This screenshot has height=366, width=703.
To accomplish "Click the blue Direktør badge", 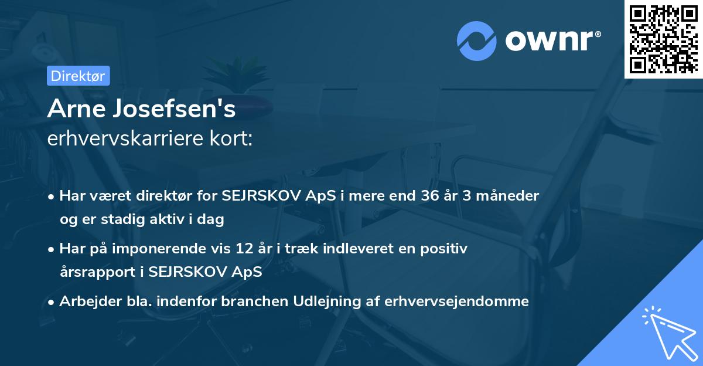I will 78,76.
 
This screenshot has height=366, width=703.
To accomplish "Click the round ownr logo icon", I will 476,41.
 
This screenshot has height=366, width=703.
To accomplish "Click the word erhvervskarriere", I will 124,138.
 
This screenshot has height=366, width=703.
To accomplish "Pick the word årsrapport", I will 94,272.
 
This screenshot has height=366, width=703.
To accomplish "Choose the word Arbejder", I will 86,301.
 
